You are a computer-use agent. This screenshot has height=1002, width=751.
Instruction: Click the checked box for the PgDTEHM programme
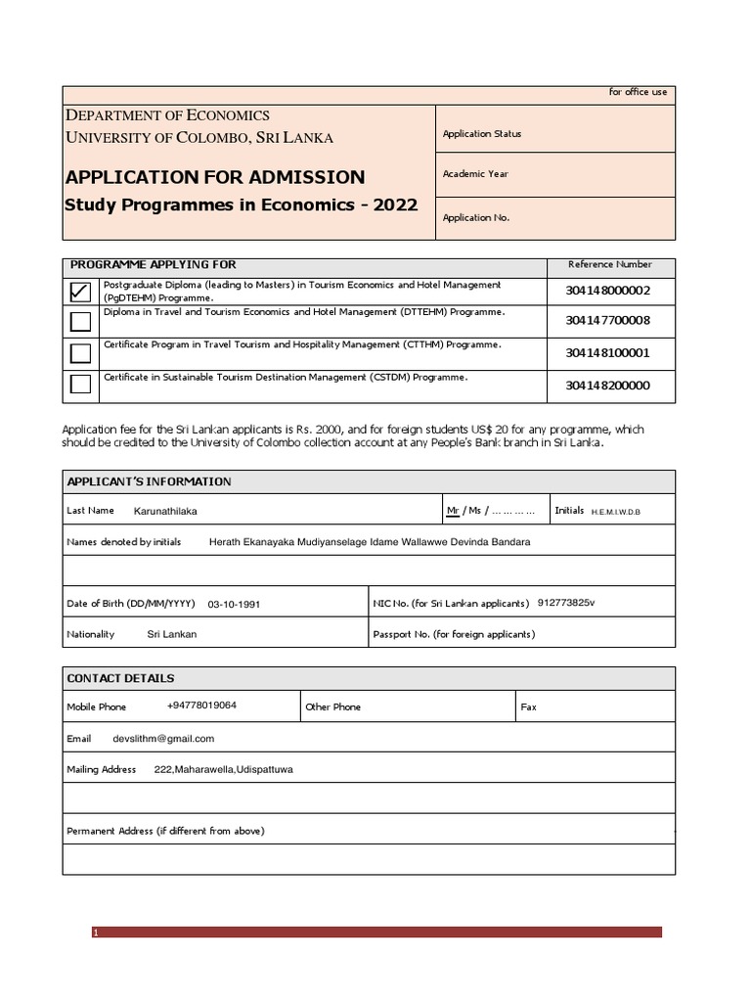coord(81,292)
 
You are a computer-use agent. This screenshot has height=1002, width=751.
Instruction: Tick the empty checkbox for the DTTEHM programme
coord(81,321)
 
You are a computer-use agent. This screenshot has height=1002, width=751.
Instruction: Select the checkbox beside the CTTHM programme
coord(81,352)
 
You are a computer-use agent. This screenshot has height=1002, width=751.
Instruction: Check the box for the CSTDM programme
coord(81,384)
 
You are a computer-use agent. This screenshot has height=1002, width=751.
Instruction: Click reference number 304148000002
coord(607,291)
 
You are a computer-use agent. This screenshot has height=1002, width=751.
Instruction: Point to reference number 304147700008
coord(607,321)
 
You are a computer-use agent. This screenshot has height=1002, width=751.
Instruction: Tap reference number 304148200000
coord(607,386)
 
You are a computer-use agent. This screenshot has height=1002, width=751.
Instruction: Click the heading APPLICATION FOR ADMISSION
coord(214,177)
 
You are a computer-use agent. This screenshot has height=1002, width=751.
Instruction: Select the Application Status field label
coord(482,134)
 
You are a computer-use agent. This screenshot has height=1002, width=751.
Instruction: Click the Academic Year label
coord(475,174)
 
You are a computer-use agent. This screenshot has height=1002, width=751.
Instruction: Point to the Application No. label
coord(476,218)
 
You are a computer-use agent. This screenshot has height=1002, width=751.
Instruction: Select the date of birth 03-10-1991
coord(234,605)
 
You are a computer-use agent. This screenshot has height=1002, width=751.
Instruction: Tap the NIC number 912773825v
coord(565,603)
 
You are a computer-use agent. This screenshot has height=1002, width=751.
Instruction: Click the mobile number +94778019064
coord(201,706)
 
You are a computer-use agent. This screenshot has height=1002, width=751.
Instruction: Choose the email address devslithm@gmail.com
coord(163,739)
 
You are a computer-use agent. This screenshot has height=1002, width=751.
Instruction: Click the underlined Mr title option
coord(452,511)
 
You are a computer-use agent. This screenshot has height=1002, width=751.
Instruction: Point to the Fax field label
coord(528,706)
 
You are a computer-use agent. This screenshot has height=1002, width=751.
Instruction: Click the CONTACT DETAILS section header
coord(120,678)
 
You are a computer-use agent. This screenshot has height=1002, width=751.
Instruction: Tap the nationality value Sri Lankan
coord(172,634)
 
